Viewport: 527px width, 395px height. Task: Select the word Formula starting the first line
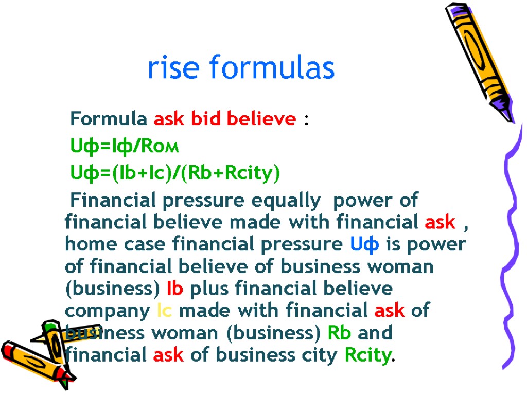[x=108, y=119]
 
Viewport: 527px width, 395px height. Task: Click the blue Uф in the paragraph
[x=365, y=244]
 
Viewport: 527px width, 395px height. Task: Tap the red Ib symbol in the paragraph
[x=175, y=289]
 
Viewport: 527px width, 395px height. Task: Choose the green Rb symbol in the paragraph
[x=339, y=333]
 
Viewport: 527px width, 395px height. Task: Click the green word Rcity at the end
[x=367, y=355]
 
